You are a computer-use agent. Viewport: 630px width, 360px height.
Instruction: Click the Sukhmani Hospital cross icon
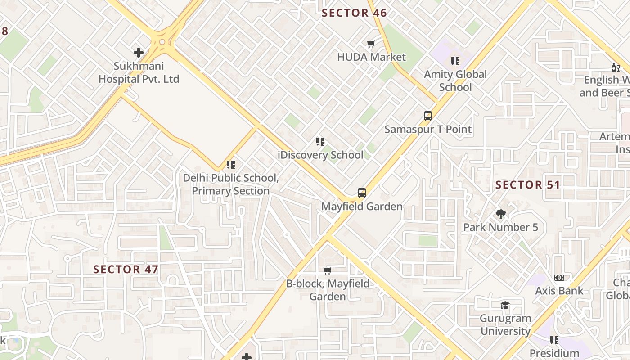pyautogui.click(x=139, y=53)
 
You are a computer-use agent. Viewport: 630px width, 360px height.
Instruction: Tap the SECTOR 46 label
pyautogui.click(x=354, y=13)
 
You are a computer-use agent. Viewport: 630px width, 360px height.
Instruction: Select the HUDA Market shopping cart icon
pyautogui.click(x=371, y=44)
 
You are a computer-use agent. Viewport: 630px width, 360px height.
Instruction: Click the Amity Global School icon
pyautogui.click(x=455, y=61)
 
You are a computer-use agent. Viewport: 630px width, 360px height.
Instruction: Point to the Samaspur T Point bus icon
pyautogui.click(x=428, y=116)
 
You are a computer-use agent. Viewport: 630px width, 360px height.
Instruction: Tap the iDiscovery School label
pyautogui.click(x=321, y=155)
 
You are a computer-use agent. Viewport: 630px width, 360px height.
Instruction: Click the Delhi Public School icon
pyautogui.click(x=231, y=165)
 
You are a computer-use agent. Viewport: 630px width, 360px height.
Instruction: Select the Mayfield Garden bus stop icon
pyautogui.click(x=362, y=193)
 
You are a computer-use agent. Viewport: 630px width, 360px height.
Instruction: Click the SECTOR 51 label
pyautogui.click(x=527, y=185)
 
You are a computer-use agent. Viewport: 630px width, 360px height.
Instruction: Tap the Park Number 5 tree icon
pyautogui.click(x=500, y=214)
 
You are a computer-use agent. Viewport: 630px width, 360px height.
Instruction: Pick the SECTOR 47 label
pyautogui.click(x=126, y=270)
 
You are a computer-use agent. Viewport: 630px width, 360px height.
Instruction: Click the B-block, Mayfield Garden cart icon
pyautogui.click(x=328, y=270)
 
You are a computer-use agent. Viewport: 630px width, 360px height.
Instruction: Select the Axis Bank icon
pyautogui.click(x=559, y=278)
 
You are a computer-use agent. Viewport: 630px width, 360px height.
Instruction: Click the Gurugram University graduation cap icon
pyautogui.click(x=505, y=305)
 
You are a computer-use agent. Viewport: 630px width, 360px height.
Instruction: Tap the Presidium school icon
pyautogui.click(x=554, y=340)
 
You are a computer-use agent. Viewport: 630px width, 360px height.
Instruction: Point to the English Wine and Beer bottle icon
pyautogui.click(x=615, y=67)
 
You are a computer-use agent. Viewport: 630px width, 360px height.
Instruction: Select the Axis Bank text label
pyautogui.click(x=559, y=291)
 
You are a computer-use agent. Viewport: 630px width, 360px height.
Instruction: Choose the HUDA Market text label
pyautogui.click(x=371, y=57)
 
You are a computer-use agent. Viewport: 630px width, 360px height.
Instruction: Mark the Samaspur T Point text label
pyautogui.click(x=428, y=130)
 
